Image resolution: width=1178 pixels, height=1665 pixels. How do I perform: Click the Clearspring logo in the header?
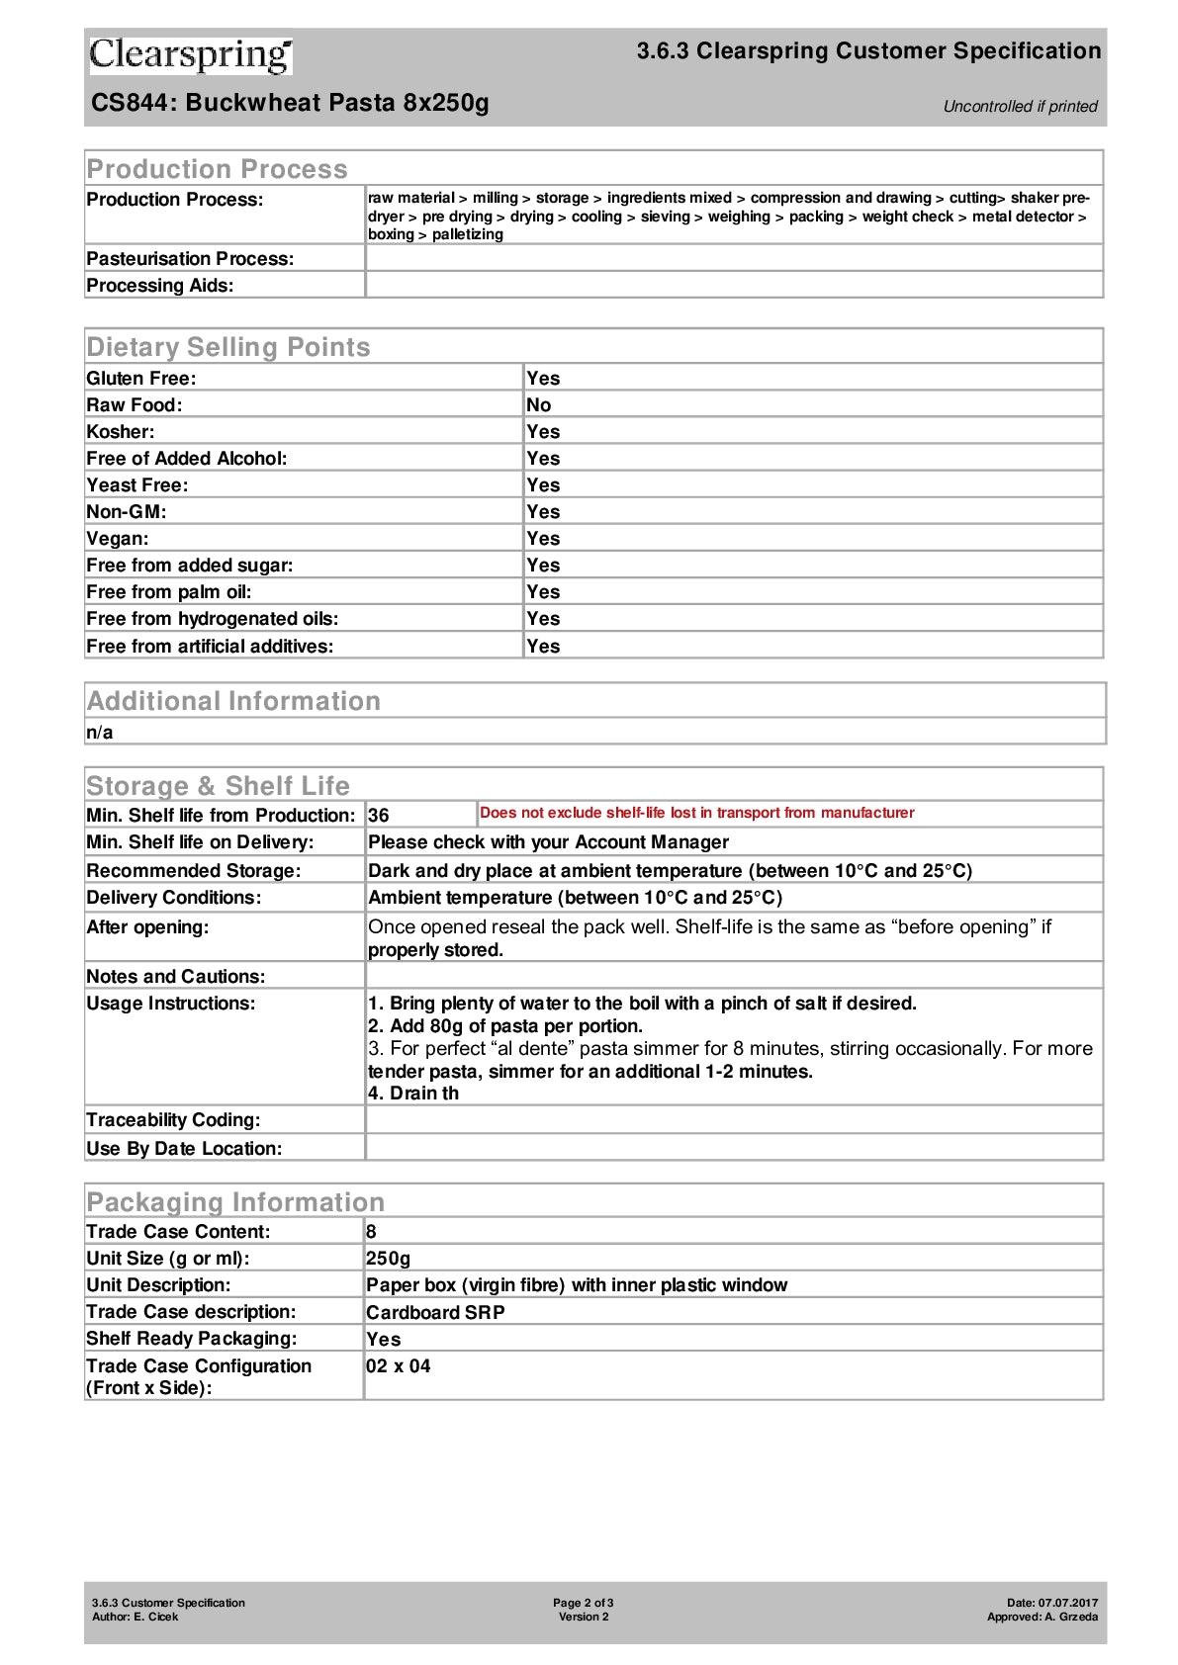pos(190,55)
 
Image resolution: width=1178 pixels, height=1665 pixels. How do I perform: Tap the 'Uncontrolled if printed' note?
pos(1020,107)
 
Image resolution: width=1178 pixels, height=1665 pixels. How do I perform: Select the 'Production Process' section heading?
pos(217,169)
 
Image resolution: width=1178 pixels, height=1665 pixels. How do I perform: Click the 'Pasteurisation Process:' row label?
pos(190,259)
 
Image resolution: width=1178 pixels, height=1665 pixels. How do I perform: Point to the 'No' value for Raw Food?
pos(539,405)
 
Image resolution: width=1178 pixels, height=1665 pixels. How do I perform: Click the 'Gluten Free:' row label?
pos(141,379)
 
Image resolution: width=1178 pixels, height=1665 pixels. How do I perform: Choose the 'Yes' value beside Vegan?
pos(543,539)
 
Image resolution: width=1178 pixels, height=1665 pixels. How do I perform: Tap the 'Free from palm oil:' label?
pos(169,592)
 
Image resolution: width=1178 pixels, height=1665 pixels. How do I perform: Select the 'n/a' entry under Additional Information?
pos(100,733)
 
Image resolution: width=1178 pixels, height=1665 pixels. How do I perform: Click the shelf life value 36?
pos(379,816)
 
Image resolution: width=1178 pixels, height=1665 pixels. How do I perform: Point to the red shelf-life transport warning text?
pos(696,813)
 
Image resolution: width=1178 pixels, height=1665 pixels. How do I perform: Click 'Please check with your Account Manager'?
pos(548,842)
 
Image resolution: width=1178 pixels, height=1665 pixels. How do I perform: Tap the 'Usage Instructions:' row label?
pos(171,1004)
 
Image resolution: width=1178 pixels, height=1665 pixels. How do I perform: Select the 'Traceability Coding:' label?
pos(173,1120)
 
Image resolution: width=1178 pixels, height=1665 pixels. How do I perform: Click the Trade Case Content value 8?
pos(371,1232)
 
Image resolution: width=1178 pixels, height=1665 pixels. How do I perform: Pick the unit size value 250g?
pos(388,1259)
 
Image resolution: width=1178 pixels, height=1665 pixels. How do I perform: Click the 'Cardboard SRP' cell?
pos(435,1313)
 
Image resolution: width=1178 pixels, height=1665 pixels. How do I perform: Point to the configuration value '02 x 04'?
pos(399,1366)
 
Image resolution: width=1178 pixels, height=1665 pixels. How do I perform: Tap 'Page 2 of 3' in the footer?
pos(584,1603)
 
